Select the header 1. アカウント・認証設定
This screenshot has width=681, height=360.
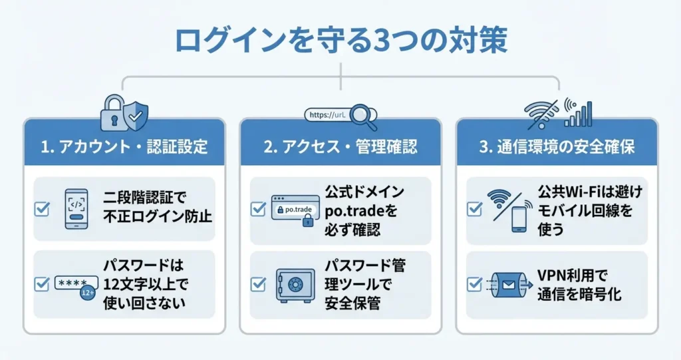(124, 147)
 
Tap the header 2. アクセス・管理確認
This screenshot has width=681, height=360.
(340, 147)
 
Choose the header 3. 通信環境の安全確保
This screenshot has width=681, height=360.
(556, 147)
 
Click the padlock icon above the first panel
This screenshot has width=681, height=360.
(112, 114)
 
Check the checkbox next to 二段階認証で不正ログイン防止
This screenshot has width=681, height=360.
(41, 209)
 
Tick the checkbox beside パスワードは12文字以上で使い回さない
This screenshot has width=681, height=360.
(41, 284)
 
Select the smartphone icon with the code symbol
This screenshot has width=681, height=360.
(76, 209)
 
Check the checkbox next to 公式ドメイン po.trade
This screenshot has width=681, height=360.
(257, 209)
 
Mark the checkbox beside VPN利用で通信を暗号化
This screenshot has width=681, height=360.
(474, 284)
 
